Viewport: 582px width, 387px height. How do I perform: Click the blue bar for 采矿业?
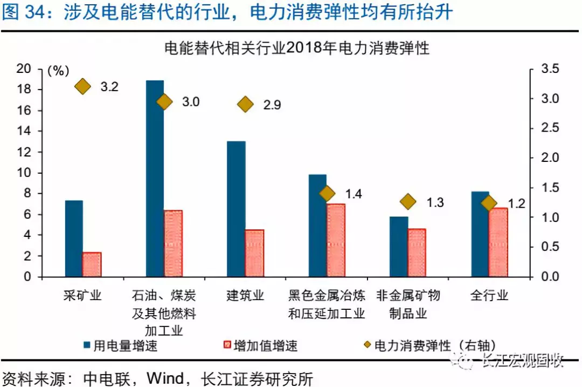click(x=74, y=239)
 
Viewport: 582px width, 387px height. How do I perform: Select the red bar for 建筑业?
click(x=254, y=253)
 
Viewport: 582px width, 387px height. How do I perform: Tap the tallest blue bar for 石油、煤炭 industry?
click(x=155, y=179)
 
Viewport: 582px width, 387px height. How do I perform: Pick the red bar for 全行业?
click(x=498, y=242)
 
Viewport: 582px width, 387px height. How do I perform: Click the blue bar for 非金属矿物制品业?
click(x=399, y=247)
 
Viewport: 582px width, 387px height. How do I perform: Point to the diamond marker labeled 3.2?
click(x=83, y=86)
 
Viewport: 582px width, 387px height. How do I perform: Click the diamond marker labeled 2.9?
click(x=245, y=105)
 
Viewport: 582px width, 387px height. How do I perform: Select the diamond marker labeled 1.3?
click(x=408, y=201)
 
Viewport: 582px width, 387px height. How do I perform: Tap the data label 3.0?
click(x=191, y=101)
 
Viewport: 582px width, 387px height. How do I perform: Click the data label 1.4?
click(x=354, y=194)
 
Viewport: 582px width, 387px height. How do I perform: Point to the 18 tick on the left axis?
click(x=24, y=89)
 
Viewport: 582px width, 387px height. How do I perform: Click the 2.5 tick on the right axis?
click(x=550, y=127)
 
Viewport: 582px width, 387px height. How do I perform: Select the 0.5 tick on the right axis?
click(x=550, y=247)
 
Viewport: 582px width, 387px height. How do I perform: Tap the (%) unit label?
click(x=58, y=71)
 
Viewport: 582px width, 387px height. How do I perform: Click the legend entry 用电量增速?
click(x=121, y=346)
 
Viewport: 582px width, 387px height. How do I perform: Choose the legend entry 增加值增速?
click(x=261, y=346)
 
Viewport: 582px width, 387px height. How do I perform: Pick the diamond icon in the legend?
click(x=368, y=344)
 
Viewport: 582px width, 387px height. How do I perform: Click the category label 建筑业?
click(x=245, y=296)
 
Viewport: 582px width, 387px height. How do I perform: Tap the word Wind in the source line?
click(x=165, y=378)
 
